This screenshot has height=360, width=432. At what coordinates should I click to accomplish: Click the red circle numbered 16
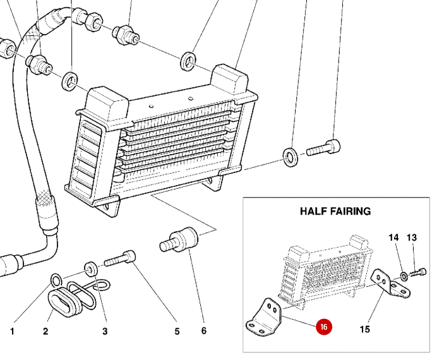323,327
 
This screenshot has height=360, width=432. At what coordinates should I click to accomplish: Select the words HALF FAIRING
335,211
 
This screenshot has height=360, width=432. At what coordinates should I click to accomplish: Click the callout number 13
412,238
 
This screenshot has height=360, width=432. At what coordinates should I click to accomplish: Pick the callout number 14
393,238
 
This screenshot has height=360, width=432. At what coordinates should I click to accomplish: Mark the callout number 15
364,329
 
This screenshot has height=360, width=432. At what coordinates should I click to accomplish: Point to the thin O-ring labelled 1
56,279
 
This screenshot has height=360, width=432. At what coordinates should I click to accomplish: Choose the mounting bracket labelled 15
391,284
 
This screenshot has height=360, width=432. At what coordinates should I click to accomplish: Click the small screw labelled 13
418,273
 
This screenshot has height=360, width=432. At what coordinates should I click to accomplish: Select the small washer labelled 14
402,275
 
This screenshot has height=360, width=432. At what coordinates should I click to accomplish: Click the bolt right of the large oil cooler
323,150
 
